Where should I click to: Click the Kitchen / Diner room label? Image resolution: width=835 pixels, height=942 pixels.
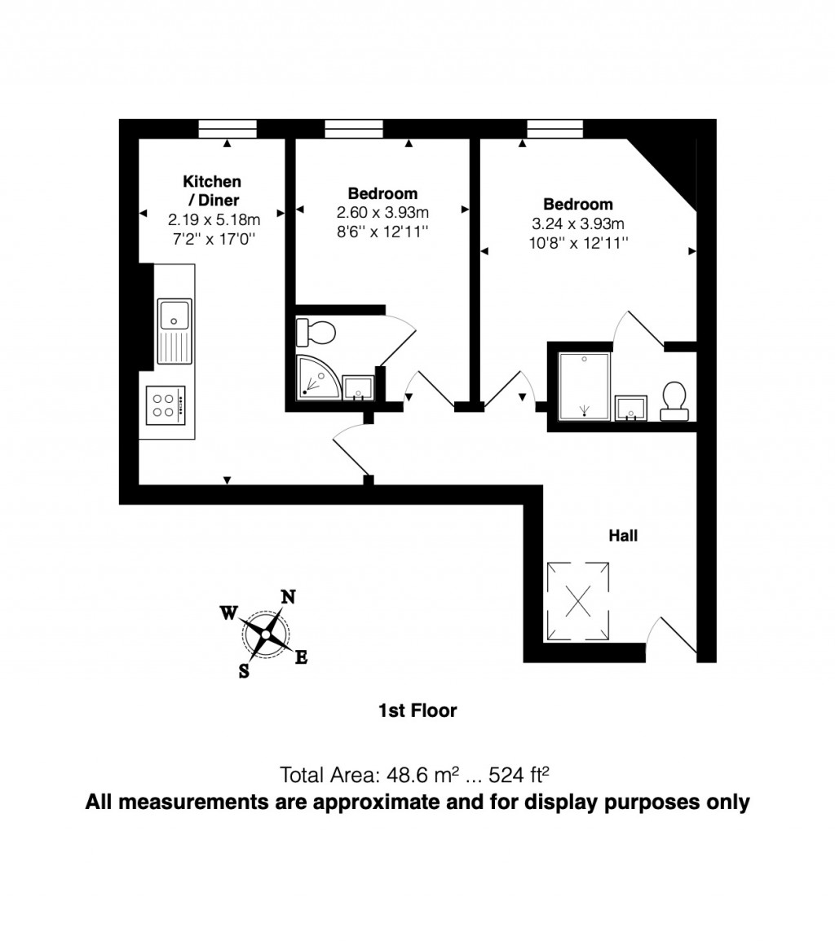tap(212, 190)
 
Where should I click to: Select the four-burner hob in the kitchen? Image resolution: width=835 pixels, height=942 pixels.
tap(166, 405)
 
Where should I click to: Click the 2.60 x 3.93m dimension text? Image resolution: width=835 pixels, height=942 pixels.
tap(383, 212)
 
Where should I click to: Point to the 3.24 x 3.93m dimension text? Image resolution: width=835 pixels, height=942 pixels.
tap(578, 223)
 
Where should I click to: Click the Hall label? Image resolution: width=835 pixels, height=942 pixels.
tap(623, 536)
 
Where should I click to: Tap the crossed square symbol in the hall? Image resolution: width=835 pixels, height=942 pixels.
tap(578, 601)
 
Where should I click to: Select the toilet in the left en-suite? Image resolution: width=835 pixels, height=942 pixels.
tap(317, 333)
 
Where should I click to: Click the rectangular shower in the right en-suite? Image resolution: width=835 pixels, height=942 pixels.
tap(584, 387)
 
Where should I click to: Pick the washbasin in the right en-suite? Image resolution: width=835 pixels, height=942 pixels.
tap(631, 407)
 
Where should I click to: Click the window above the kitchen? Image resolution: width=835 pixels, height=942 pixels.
tap(228, 128)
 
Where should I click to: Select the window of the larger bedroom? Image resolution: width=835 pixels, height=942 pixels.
tap(555, 128)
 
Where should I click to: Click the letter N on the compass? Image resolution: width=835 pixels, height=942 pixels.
tap(288, 596)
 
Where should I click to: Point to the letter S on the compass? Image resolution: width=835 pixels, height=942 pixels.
tap(244, 671)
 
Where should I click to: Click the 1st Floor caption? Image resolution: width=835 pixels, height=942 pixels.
tap(417, 710)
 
